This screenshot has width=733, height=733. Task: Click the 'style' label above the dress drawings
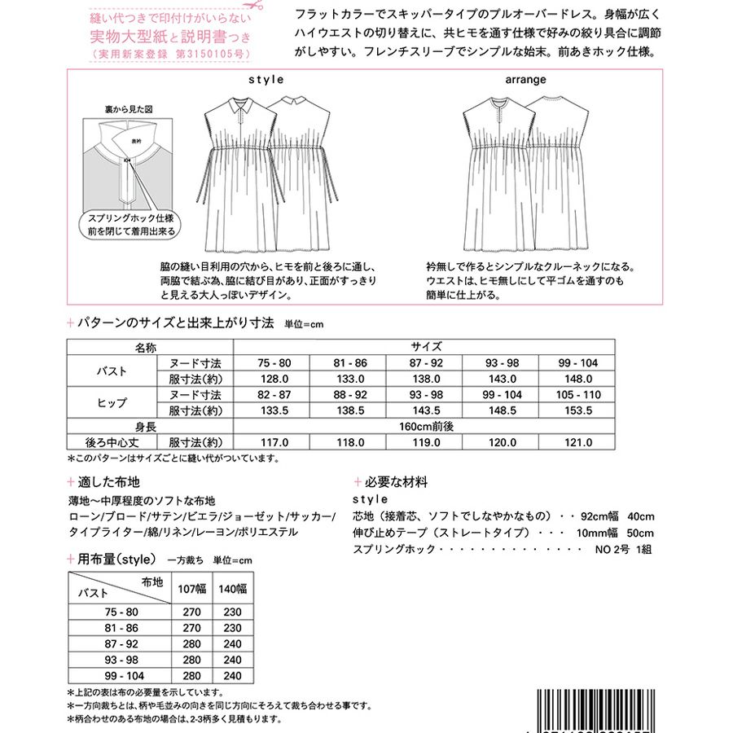[x=266, y=80]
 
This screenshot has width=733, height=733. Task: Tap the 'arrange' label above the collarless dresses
[x=525, y=80]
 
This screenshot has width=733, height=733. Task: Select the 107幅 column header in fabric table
[x=193, y=588]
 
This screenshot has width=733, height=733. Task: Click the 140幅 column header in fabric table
[x=233, y=588]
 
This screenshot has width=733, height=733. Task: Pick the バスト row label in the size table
[x=112, y=371]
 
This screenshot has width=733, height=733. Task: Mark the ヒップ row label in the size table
[x=112, y=402]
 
